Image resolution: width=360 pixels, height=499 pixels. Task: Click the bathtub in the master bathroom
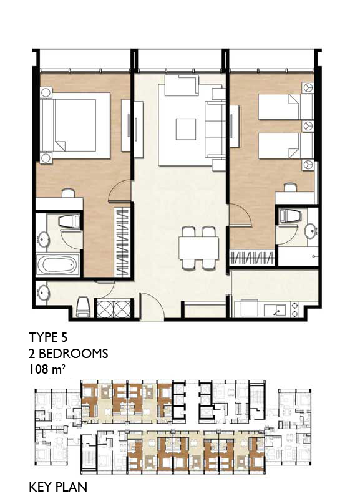[x=57, y=264]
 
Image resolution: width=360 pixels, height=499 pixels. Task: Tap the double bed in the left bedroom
[x=75, y=125]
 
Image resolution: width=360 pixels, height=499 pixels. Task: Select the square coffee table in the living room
[x=186, y=129]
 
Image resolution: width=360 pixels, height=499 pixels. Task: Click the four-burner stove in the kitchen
[x=294, y=309]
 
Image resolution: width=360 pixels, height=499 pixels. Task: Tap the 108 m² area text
[x=48, y=369]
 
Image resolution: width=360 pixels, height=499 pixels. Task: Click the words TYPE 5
[x=48, y=337]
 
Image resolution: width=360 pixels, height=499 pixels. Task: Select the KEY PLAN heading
[x=58, y=487]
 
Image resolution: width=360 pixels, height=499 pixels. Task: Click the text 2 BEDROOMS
[x=69, y=354]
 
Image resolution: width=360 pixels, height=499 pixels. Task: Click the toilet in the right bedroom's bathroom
[x=289, y=216]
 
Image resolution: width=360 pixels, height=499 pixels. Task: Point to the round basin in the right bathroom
[x=310, y=230]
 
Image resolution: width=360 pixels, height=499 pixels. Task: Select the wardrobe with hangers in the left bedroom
[x=122, y=241]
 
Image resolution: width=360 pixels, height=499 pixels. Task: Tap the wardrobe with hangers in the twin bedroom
[x=252, y=258]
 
